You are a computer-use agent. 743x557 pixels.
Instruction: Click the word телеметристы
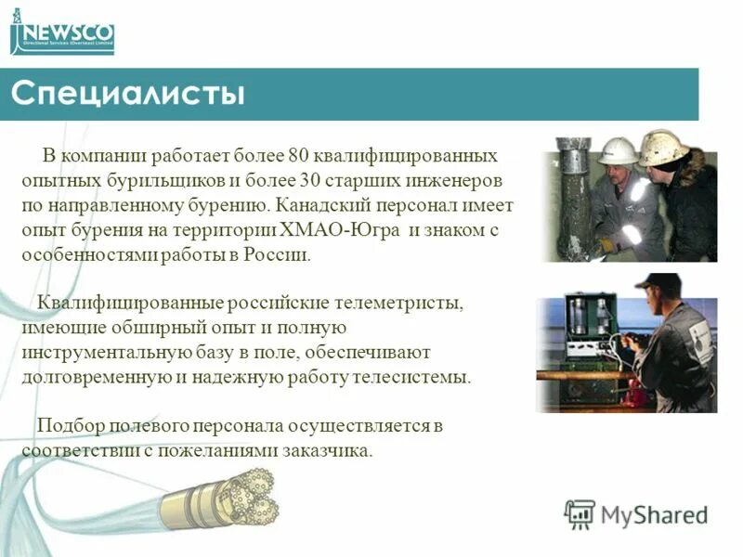click(x=402, y=304)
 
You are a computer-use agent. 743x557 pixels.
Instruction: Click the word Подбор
click(x=66, y=426)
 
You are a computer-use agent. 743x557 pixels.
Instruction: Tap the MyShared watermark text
click(x=655, y=514)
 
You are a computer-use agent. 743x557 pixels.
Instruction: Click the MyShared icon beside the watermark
click(x=580, y=513)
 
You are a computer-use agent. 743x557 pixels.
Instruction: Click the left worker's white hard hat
click(x=617, y=150)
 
